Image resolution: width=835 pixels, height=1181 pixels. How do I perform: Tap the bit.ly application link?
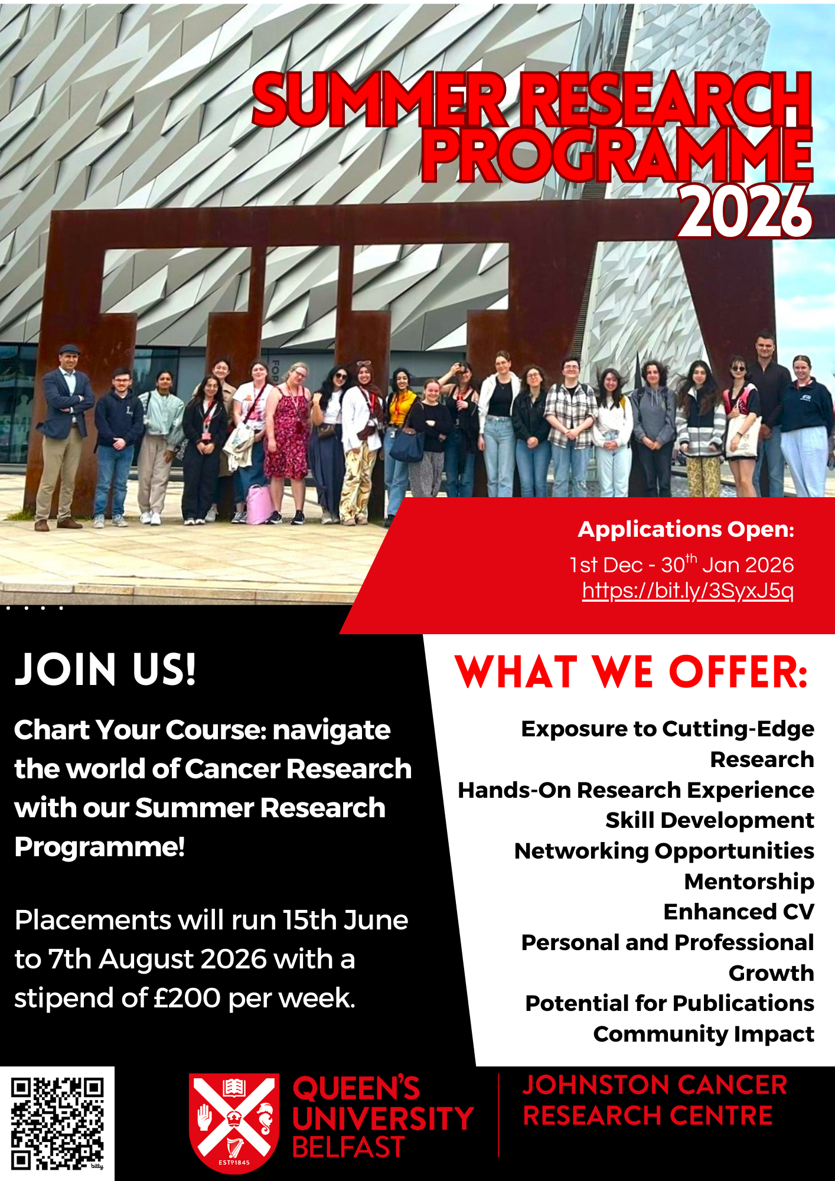pyautogui.click(x=687, y=590)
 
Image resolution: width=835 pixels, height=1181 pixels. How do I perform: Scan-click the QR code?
pyautogui.click(x=57, y=1123)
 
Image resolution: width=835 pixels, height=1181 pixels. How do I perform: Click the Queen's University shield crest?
pyautogui.click(x=234, y=1122)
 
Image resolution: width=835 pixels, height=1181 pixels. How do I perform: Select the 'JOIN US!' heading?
pyautogui.click(x=105, y=670)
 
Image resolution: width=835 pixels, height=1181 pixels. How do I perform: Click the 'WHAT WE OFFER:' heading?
pyautogui.click(x=631, y=673)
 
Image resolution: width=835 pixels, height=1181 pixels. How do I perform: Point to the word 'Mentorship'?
pyautogui.click(x=749, y=881)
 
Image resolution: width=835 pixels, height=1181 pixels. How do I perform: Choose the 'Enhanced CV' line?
pyautogui.click(x=739, y=912)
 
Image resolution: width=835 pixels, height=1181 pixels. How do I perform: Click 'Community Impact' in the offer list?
pyautogui.click(x=703, y=1034)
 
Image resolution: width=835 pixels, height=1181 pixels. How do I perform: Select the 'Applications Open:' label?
pyautogui.click(x=686, y=529)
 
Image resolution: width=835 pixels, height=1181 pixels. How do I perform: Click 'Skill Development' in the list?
pyautogui.click(x=710, y=820)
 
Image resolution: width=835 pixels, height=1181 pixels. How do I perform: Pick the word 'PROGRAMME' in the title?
pyautogui.click(x=617, y=155)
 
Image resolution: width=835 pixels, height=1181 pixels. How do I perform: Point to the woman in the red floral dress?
pyautogui.click(x=287, y=431)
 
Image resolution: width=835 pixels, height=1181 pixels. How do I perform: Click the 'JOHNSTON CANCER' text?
pyautogui.click(x=654, y=1085)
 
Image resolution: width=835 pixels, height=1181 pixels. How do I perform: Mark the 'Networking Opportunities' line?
pyautogui.click(x=664, y=851)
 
